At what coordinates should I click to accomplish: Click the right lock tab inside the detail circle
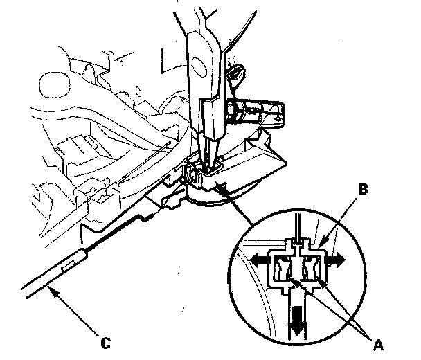click(313, 267)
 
